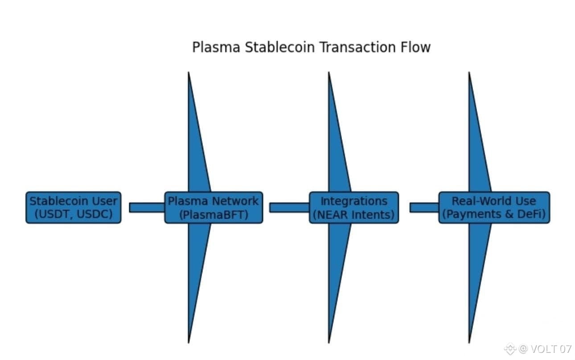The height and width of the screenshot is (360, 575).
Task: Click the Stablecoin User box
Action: tap(73, 208)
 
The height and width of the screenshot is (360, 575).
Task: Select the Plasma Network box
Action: tap(214, 208)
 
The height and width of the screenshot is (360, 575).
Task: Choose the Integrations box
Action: tap(354, 208)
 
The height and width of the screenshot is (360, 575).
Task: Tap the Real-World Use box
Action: tap(494, 208)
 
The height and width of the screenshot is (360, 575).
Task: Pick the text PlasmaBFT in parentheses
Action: tap(214, 215)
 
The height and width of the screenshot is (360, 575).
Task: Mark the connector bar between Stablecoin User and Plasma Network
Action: tap(147, 208)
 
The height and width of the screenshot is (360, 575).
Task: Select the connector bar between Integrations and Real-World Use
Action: tap(424, 208)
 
